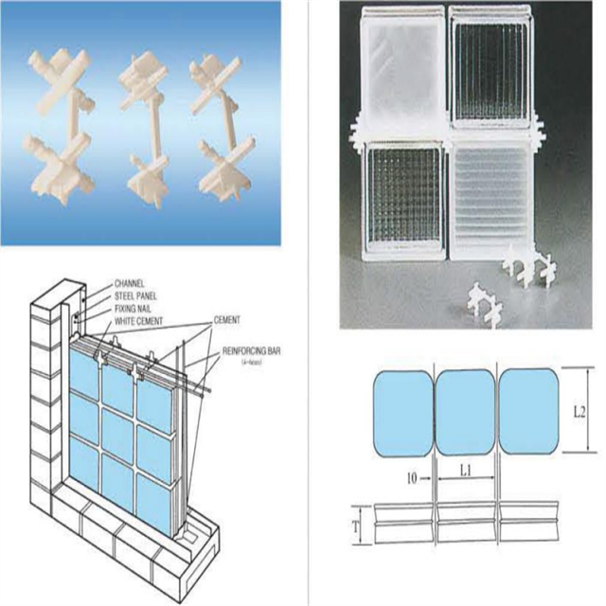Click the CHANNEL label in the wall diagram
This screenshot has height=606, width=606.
click(x=129, y=283)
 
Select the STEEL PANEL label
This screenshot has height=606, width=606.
click(x=137, y=295)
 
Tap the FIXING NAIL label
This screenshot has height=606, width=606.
click(x=135, y=308)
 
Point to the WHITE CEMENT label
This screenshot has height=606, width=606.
click(x=138, y=320)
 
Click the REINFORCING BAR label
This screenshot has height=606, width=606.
click(x=253, y=351)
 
